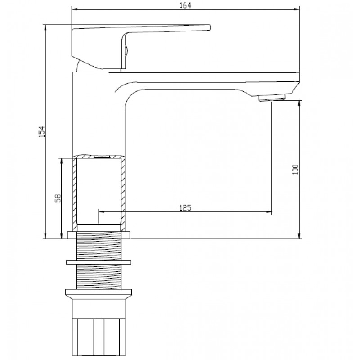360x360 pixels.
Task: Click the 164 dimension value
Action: [185, 5]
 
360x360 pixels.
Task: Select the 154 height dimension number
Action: [41, 131]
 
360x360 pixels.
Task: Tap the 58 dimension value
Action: [58, 198]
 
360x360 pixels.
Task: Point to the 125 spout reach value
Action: [185, 208]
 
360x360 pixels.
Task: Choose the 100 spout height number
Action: [296, 170]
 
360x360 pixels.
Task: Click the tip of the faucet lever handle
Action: [210, 27]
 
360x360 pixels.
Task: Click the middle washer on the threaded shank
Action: [99, 262]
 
